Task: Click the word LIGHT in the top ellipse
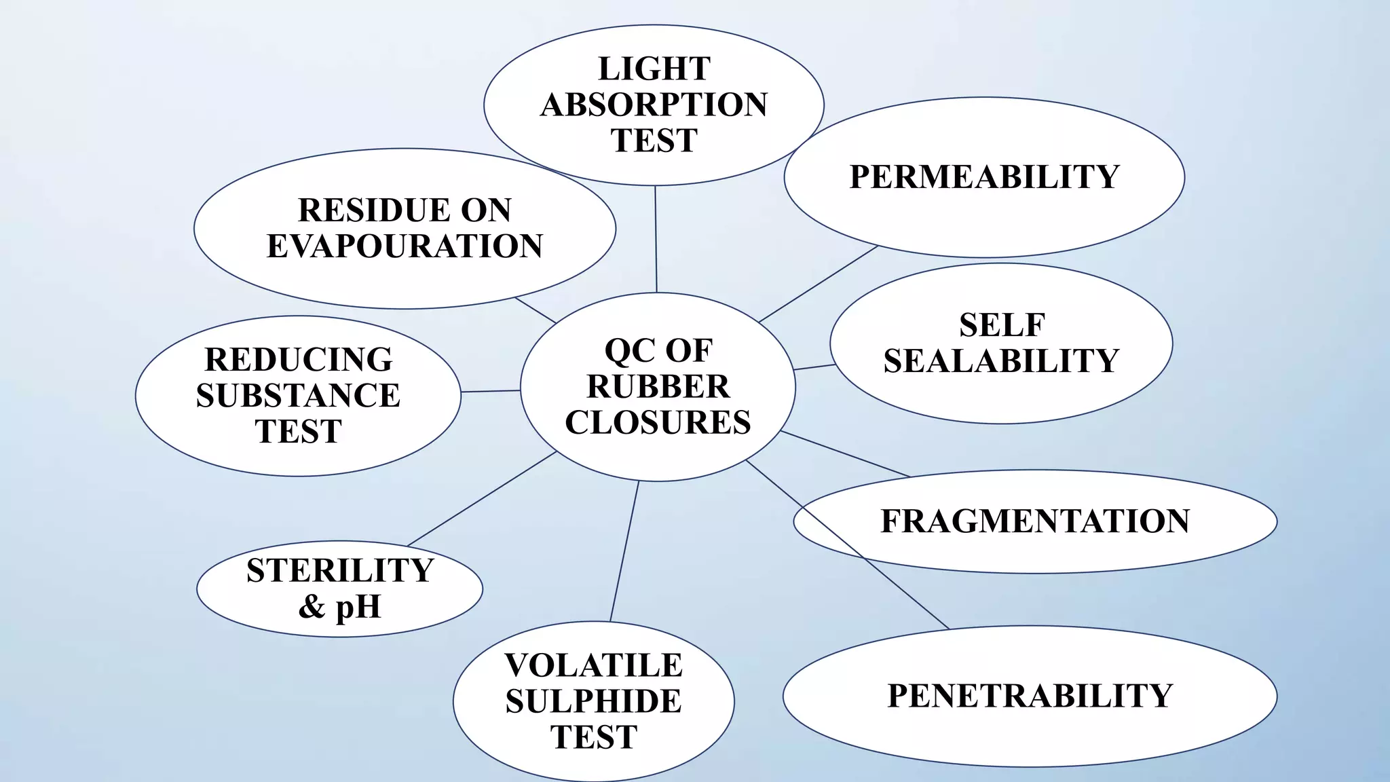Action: tap(654, 69)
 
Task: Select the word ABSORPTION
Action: tap(654, 105)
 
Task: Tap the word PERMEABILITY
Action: tap(984, 176)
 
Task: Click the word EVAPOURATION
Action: tap(405, 246)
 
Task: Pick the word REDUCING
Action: tap(299, 360)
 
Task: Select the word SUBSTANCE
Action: tap(299, 396)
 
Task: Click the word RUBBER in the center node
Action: tap(658, 387)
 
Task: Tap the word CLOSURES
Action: tap(658, 422)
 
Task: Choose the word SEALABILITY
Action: tap(1001, 360)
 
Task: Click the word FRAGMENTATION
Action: tap(1035, 521)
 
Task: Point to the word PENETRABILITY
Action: tap(1030, 696)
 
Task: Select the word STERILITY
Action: tap(340, 570)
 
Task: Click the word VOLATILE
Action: tap(594, 665)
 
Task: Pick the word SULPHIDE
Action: tap(594, 701)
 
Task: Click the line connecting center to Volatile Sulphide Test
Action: tap(624, 551)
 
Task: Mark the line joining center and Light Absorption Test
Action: tap(656, 239)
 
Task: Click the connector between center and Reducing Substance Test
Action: tap(491, 391)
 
